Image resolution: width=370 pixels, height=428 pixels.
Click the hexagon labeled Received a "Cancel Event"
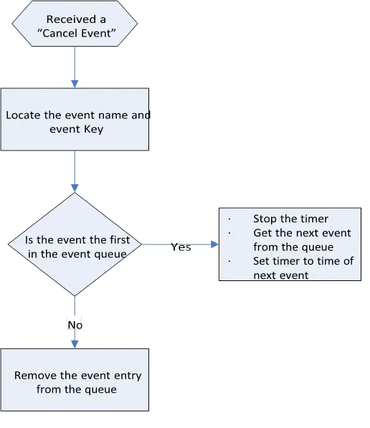[75, 24]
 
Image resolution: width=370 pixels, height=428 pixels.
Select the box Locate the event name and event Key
[75, 119]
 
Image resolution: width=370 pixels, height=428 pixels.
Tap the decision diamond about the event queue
[75, 244]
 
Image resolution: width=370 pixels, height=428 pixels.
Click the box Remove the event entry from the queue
[75, 380]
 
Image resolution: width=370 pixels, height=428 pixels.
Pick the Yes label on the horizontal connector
[181, 247]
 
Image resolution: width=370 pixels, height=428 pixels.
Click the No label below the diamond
[75, 325]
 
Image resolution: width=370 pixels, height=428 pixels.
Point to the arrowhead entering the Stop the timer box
[214, 244]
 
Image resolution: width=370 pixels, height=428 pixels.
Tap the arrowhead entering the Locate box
[75, 84]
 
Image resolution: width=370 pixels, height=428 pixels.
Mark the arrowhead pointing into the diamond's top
[75, 188]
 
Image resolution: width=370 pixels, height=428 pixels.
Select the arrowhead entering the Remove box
[75, 344]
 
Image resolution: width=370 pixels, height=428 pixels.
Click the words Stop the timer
[290, 219]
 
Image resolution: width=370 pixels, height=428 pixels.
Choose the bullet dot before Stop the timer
[229, 219]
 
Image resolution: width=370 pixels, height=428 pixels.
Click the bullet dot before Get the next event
[229, 233]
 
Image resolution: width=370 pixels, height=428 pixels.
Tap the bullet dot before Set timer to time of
[229, 261]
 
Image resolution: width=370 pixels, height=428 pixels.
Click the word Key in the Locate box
[94, 129]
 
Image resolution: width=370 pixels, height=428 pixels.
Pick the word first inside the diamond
[120, 240]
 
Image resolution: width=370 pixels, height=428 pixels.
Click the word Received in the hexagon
[71, 19]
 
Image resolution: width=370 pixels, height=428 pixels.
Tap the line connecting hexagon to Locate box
[75, 63]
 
